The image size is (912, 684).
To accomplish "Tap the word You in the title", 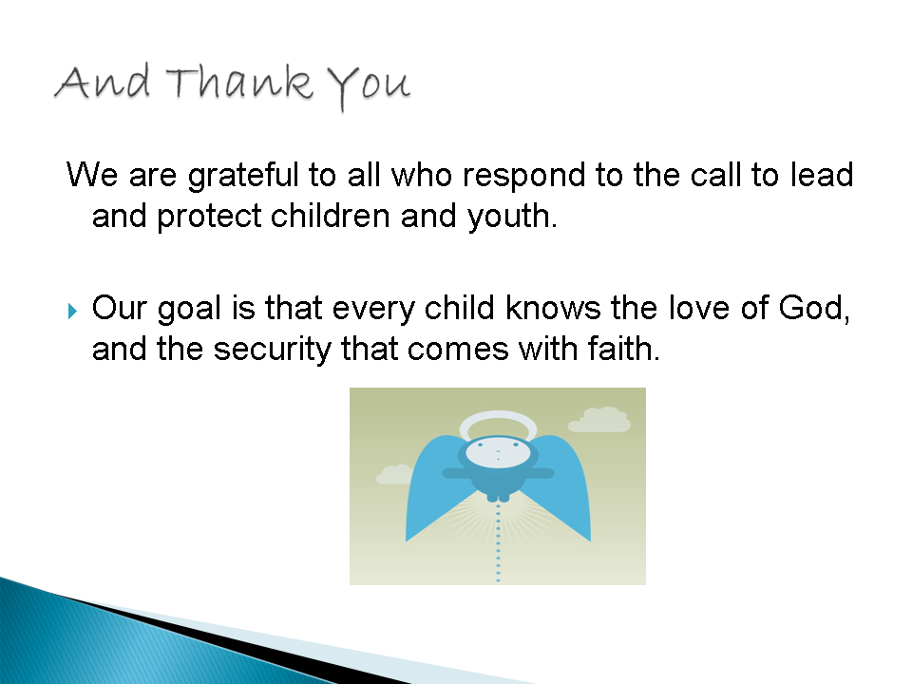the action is click(369, 87).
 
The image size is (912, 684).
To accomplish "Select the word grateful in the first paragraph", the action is click(243, 175).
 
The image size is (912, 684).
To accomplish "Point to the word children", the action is click(331, 216).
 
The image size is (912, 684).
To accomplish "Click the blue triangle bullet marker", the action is click(72, 311).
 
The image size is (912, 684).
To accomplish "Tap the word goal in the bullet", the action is click(190, 309).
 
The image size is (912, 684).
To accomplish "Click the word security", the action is click(273, 351).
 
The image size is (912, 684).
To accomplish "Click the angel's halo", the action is click(498, 415).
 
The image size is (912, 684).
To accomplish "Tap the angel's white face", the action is click(498, 453).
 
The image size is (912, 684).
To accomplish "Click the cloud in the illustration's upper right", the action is click(599, 420).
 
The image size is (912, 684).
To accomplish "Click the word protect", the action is click(209, 217).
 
